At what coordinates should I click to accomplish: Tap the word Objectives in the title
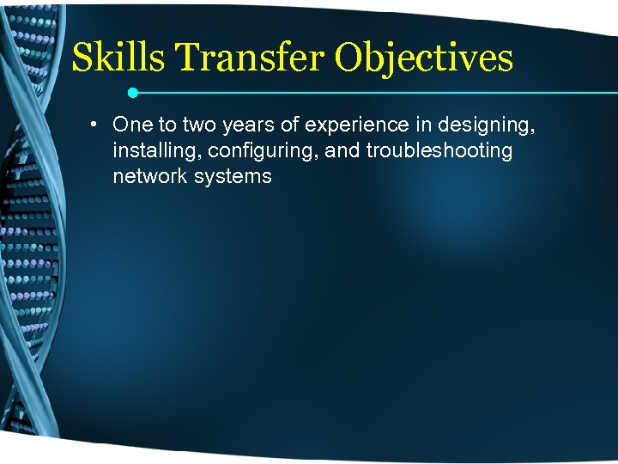coord(424,58)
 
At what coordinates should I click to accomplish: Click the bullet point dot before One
coord(91,125)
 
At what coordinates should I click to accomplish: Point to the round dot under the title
coord(132,91)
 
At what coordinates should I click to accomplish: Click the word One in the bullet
coord(132,125)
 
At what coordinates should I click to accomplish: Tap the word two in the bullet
coord(201,125)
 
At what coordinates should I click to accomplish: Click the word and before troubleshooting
coord(342,151)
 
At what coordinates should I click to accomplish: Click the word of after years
coord(289,125)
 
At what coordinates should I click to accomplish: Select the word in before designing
coord(420,125)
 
